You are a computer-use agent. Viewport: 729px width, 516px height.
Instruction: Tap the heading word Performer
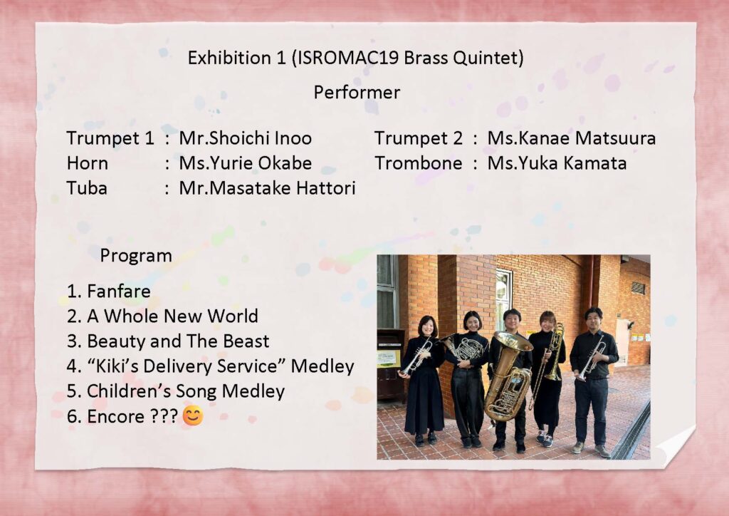357,92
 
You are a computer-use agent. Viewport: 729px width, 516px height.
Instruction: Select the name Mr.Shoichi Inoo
246,138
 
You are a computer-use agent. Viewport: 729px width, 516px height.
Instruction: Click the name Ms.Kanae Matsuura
572,138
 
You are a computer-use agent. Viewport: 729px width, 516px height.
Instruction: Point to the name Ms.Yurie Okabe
246,163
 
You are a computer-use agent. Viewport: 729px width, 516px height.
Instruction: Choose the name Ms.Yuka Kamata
557,163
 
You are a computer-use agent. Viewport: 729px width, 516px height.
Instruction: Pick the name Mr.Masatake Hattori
268,188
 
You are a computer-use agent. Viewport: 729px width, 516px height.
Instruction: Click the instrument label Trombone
419,163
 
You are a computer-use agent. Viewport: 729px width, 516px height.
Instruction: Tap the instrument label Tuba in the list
87,188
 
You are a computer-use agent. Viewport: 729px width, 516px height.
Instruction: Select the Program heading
136,256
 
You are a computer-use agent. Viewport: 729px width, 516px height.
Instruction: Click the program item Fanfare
119,291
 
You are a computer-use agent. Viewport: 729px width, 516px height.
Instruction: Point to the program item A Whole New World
172,316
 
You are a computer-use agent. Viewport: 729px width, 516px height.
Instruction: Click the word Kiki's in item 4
115,366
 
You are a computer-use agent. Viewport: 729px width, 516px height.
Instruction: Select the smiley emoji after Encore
193,416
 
